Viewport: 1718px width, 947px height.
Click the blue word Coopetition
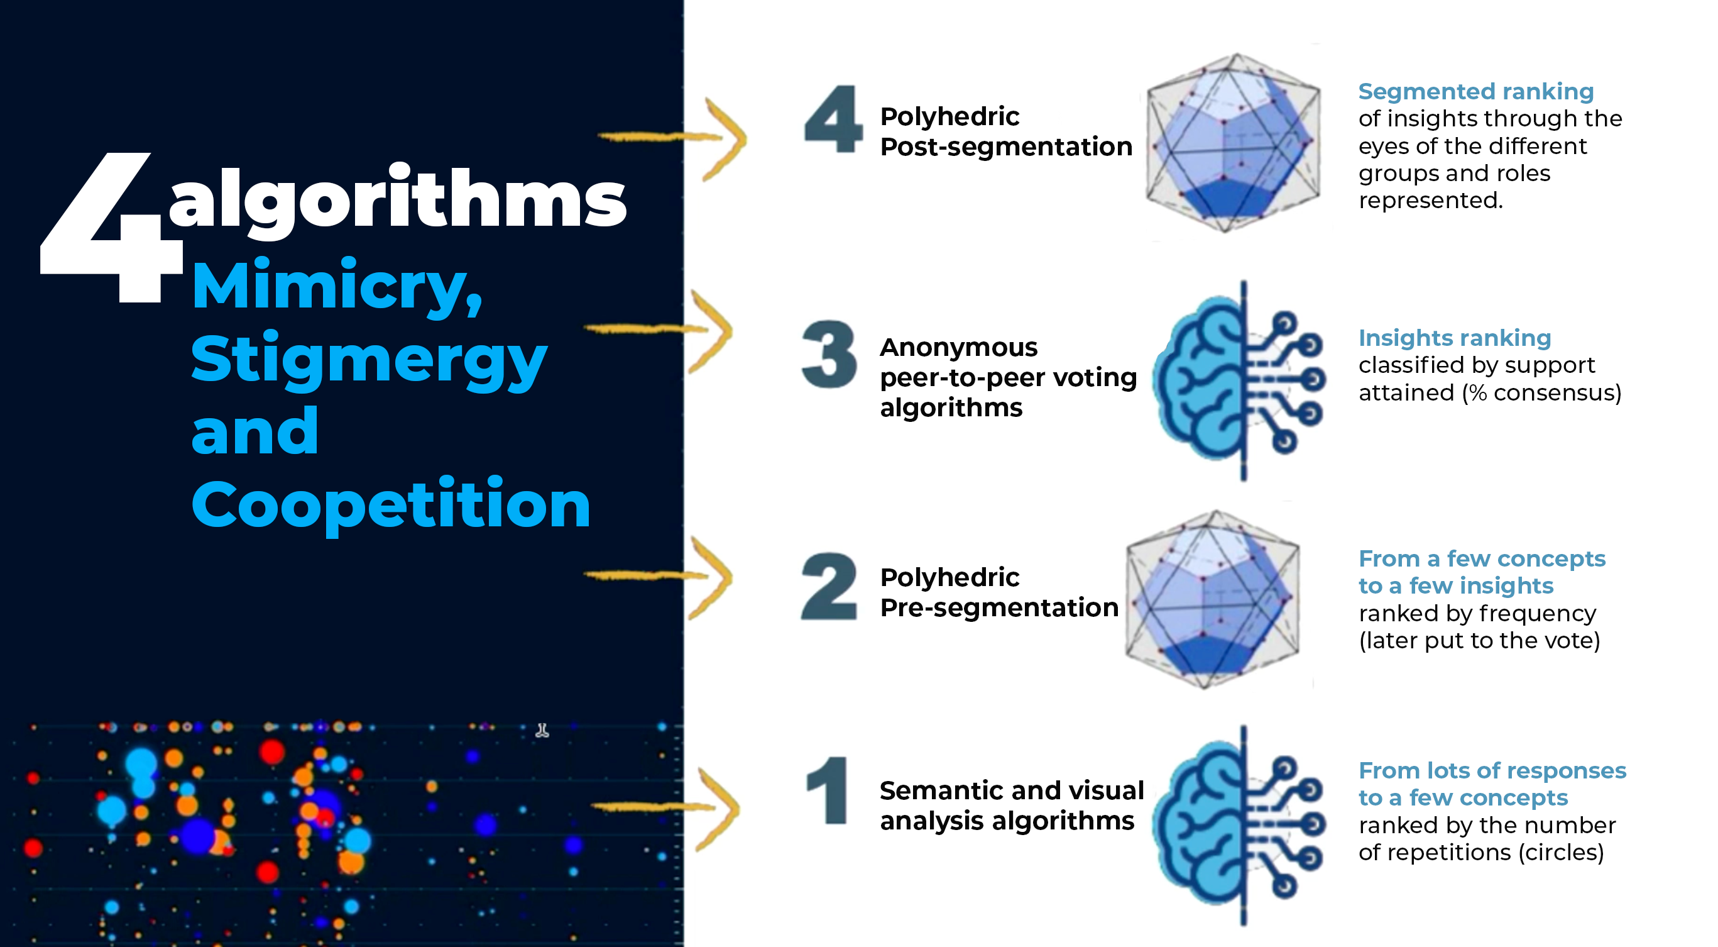click(391, 504)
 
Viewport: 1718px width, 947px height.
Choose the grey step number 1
click(828, 790)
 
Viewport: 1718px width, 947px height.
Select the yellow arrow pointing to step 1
click(665, 807)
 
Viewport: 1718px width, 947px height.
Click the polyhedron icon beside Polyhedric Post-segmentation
click(1233, 143)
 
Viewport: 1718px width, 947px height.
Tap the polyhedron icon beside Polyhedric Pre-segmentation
click(1213, 599)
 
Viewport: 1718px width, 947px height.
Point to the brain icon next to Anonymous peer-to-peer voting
click(1239, 380)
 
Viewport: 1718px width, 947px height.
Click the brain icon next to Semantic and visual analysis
click(1239, 826)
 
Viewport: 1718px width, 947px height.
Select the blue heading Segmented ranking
click(1476, 91)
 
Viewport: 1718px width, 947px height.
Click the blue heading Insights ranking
click(1455, 338)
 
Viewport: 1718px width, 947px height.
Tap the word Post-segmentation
click(1005, 147)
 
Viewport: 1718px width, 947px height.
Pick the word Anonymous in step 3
click(958, 348)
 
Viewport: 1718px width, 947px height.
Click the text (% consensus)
click(1541, 392)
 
